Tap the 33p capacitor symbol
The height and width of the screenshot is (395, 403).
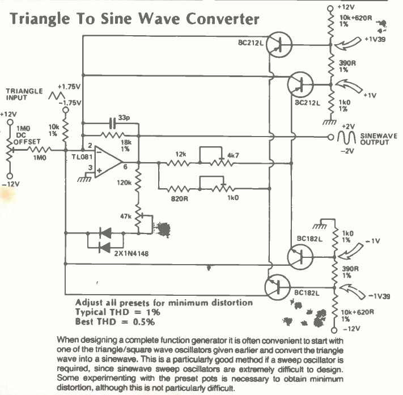pyautogui.click(x=113, y=123)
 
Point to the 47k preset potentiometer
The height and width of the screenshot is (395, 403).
pyautogui.click(x=139, y=216)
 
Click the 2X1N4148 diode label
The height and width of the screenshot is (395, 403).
pyautogui.click(x=131, y=254)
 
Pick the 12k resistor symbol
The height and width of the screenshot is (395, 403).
pyautogui.click(x=179, y=163)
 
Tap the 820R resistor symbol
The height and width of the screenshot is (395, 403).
pyautogui.click(x=179, y=189)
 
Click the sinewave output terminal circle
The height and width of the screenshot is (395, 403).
pyautogui.click(x=331, y=137)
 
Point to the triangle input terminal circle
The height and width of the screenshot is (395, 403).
pyautogui.click(x=66, y=110)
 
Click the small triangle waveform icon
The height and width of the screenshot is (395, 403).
pyautogui.click(x=57, y=96)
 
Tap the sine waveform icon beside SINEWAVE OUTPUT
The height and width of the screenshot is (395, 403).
pyautogui.click(x=346, y=138)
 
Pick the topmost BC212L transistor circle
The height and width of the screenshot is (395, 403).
pyautogui.click(x=279, y=45)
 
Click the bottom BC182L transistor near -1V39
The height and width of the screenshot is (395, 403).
pyautogui.click(x=278, y=287)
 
